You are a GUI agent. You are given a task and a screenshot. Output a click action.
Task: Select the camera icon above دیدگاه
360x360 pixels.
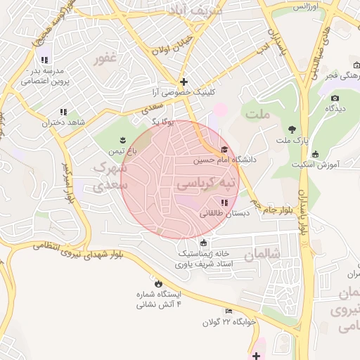tap(335, 98)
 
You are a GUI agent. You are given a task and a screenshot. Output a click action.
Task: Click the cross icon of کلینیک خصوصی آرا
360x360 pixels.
tap(184, 82)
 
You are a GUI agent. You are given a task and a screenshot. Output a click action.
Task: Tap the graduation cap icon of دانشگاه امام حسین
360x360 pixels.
tap(224, 149)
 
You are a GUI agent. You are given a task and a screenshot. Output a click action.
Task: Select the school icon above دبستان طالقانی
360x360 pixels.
tap(224, 202)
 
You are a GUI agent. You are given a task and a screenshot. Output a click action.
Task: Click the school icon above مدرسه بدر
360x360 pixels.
tap(45, 60)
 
